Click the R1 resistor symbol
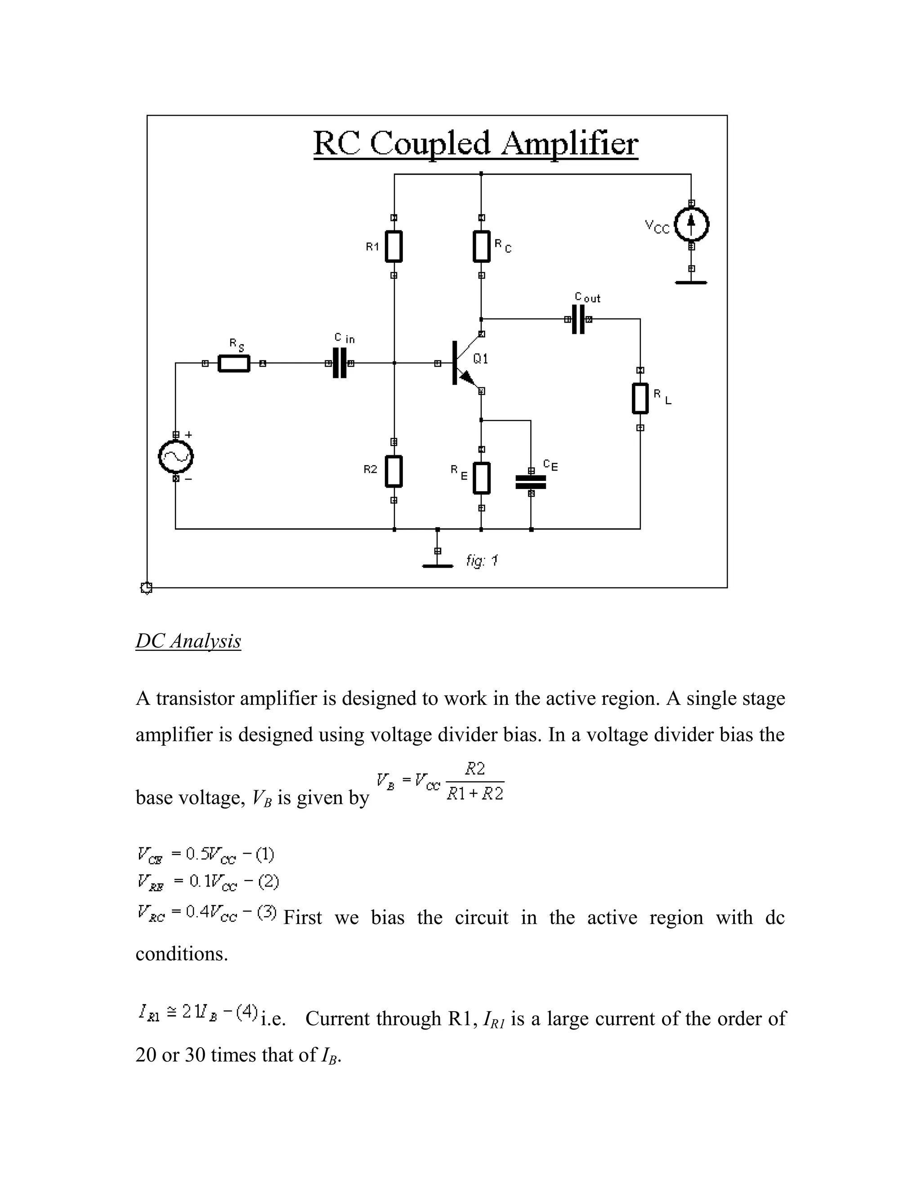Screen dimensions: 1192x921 pos(393,246)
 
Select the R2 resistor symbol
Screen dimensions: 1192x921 pos(393,471)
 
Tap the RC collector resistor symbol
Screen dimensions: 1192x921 pos(481,246)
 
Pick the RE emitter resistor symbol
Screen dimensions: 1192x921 pos(481,478)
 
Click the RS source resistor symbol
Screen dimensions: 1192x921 pos(233,363)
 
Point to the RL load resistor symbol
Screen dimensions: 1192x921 pos(640,399)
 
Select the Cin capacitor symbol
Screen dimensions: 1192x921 pos(340,363)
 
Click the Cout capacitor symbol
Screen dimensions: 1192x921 pos(578,319)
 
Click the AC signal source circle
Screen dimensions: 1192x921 pos(176,457)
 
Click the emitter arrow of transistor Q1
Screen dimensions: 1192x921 pos(467,377)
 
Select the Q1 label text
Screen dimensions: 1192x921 pos(481,358)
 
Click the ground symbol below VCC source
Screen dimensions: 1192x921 pos(691,282)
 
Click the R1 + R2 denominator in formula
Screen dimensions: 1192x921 pos(475,793)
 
